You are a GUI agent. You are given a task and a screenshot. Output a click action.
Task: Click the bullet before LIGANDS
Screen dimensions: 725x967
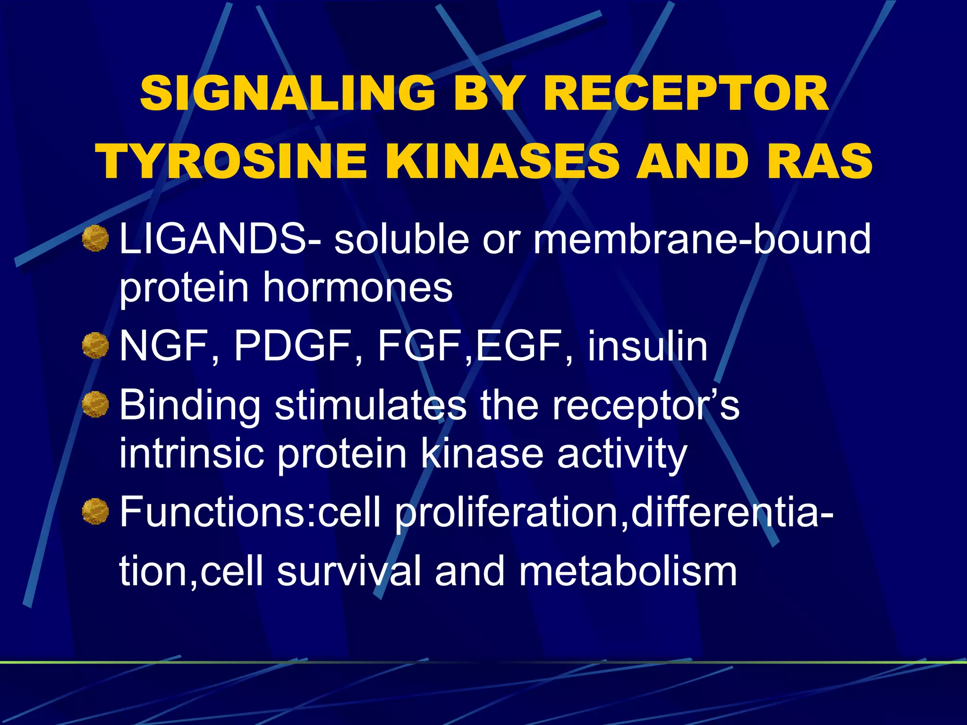click(x=95, y=238)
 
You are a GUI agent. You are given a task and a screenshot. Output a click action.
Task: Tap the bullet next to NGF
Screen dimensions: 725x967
click(x=95, y=346)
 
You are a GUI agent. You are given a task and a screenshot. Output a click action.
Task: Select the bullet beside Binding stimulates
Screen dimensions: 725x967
click(x=95, y=405)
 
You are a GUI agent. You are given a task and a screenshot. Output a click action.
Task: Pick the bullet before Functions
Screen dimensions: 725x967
click(x=95, y=512)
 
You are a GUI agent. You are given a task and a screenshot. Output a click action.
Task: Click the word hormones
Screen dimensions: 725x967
click(x=357, y=287)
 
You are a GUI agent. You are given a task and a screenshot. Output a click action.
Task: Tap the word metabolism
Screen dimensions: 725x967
click(x=628, y=572)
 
